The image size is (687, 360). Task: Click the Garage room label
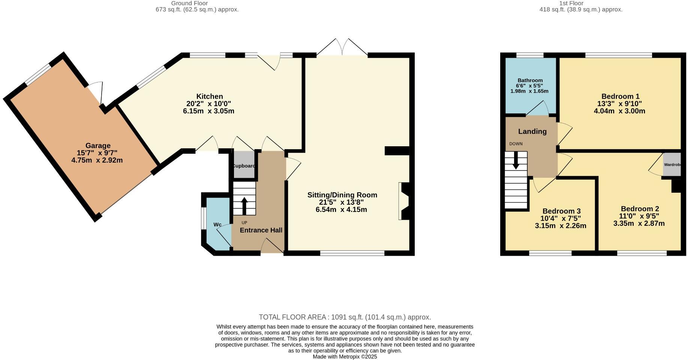[x=98, y=145]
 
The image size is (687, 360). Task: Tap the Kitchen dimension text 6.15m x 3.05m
[x=208, y=111]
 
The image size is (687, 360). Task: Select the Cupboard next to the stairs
[x=244, y=165]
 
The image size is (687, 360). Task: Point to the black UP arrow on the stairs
[x=244, y=205]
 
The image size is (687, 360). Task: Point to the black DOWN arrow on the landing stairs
[x=516, y=160]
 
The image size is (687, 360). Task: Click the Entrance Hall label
[x=261, y=230]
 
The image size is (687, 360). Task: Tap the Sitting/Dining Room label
[x=342, y=195]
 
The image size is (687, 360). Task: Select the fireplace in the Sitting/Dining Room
[x=404, y=201]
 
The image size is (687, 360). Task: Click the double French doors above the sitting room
[x=342, y=47]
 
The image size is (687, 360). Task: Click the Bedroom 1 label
[x=620, y=96]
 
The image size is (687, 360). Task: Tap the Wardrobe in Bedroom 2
[x=672, y=165]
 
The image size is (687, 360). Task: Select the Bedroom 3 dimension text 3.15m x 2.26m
[x=560, y=226]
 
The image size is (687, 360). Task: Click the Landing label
[x=532, y=132]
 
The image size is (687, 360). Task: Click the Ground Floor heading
[x=189, y=3]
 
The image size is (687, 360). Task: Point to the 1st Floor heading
[x=571, y=3]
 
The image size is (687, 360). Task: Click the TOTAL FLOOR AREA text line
[x=345, y=317]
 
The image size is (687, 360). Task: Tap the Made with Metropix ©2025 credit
[x=345, y=357]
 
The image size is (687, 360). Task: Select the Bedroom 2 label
[x=640, y=209]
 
